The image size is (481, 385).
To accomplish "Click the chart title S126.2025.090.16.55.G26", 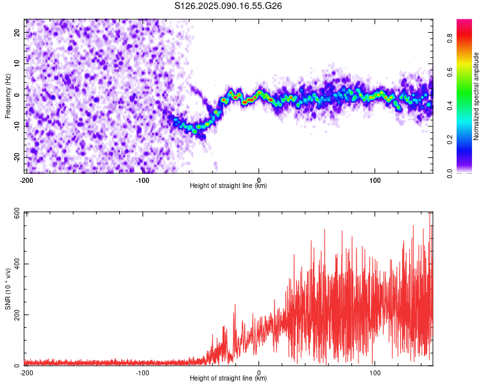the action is pos(228,6).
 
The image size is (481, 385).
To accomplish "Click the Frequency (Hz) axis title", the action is pos(8,96).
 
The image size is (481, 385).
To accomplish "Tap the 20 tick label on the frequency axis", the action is pos(17,33).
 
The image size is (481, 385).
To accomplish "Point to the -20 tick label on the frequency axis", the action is pos(17,158).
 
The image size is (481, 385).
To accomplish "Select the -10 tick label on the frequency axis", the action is pos(17,126).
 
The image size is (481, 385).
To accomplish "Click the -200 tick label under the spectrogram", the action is pos(26,180).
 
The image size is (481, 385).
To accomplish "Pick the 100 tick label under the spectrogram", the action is pos(375,180).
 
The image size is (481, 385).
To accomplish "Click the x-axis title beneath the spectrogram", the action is pos(228,185).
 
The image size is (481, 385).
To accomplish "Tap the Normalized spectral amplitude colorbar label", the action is pos(476,96).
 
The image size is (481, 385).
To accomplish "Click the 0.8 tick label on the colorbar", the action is pos(450,38).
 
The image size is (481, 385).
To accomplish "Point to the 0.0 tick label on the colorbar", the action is pos(450,173).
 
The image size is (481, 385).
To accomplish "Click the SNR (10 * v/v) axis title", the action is pos(8,289).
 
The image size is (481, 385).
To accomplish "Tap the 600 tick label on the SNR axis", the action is pos(17,214).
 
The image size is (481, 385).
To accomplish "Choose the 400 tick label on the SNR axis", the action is pos(17,264).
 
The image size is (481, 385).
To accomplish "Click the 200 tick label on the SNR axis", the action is pos(17,314).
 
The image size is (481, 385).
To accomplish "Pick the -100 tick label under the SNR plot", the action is pos(142,373).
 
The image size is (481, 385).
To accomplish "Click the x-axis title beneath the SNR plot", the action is pos(228,378).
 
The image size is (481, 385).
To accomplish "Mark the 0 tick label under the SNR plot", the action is pos(259,373).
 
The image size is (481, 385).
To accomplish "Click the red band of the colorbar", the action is pos(464,36).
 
